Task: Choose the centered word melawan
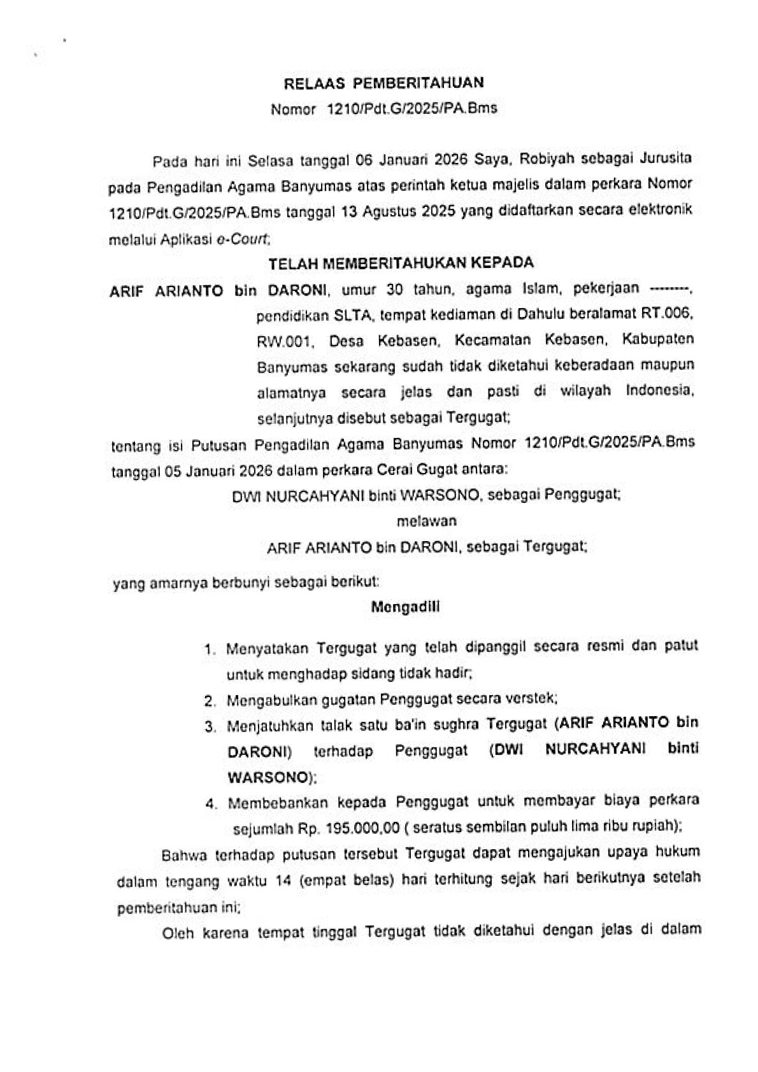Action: [x=426, y=521]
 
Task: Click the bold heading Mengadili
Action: [x=405, y=607]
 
